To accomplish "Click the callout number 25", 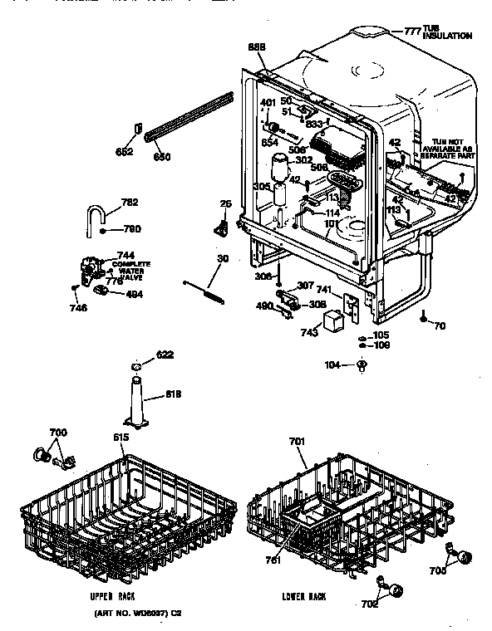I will [x=225, y=204].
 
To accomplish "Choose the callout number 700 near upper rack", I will [x=59, y=433].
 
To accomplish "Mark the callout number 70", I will [x=440, y=326].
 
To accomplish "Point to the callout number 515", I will [x=121, y=437].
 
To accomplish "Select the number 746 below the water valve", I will [x=78, y=307].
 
